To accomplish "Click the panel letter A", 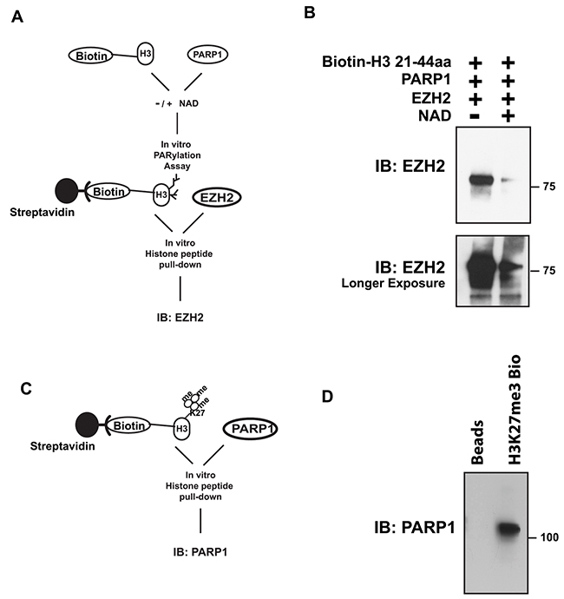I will (18, 16).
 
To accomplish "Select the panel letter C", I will (18, 385).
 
